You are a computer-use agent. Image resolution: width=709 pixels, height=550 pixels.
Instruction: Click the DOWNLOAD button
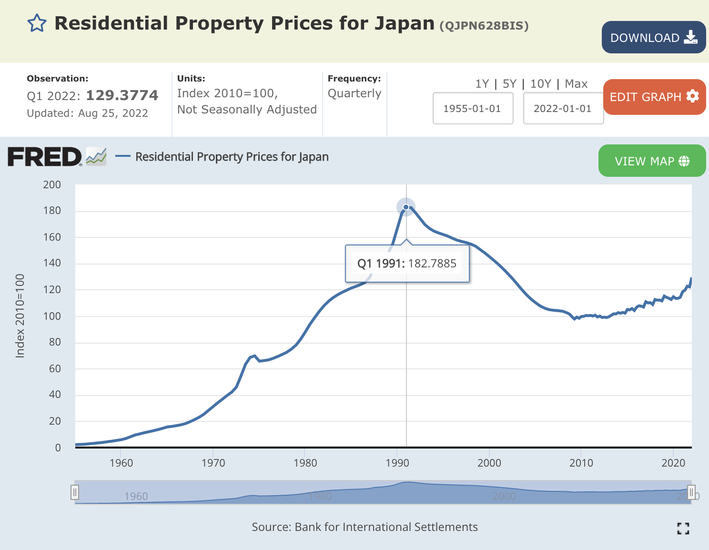(653, 37)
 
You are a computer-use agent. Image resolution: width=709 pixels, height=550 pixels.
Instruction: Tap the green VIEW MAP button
(651, 161)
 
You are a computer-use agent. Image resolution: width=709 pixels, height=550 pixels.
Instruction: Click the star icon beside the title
(37, 23)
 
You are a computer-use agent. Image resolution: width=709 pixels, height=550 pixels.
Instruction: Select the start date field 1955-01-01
(472, 109)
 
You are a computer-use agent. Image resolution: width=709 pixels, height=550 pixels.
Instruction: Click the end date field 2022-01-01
(563, 109)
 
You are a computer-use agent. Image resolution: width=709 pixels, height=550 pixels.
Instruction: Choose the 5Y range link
(509, 84)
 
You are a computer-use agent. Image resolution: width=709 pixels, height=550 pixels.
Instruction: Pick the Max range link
(576, 84)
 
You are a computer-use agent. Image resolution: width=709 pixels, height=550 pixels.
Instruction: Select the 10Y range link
(540, 84)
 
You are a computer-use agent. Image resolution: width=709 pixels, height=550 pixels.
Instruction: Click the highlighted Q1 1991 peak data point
(406, 207)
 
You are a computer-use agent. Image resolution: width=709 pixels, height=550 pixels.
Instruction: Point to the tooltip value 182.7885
(432, 264)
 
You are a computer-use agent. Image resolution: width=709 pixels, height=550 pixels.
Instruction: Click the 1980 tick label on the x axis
(305, 463)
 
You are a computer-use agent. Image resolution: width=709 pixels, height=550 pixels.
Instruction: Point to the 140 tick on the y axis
(52, 263)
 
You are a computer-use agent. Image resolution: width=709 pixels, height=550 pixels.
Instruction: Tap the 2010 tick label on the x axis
(581, 463)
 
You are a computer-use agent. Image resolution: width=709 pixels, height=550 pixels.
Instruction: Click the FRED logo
(45, 157)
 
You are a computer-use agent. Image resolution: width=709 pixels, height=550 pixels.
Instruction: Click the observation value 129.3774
(122, 95)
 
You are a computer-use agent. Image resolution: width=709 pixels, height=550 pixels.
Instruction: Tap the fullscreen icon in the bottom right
(683, 528)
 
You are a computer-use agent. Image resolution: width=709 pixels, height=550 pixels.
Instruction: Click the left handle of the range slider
(75, 492)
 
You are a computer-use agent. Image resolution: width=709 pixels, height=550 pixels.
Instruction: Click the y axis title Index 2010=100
(20, 316)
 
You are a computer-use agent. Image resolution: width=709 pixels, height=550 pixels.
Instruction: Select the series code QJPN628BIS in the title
(484, 26)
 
